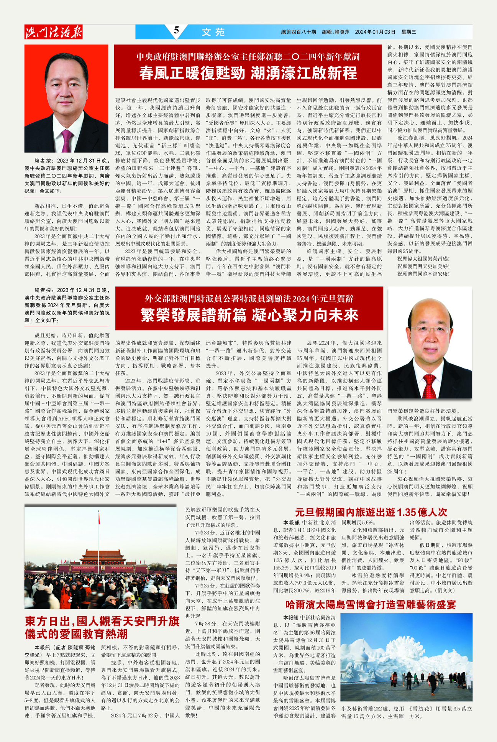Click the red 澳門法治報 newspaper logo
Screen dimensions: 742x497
53,32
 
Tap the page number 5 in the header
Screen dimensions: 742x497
176,30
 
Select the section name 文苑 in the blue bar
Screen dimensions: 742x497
213,32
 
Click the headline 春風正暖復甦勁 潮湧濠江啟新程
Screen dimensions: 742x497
248,73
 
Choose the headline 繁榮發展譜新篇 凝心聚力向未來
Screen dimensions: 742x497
249,315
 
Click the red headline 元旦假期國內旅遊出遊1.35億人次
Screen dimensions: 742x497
371,512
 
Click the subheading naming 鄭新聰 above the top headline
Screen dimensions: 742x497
248,57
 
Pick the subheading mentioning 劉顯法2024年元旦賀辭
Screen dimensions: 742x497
249,298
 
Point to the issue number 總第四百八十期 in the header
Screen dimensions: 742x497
299,32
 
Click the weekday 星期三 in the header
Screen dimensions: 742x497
408,32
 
